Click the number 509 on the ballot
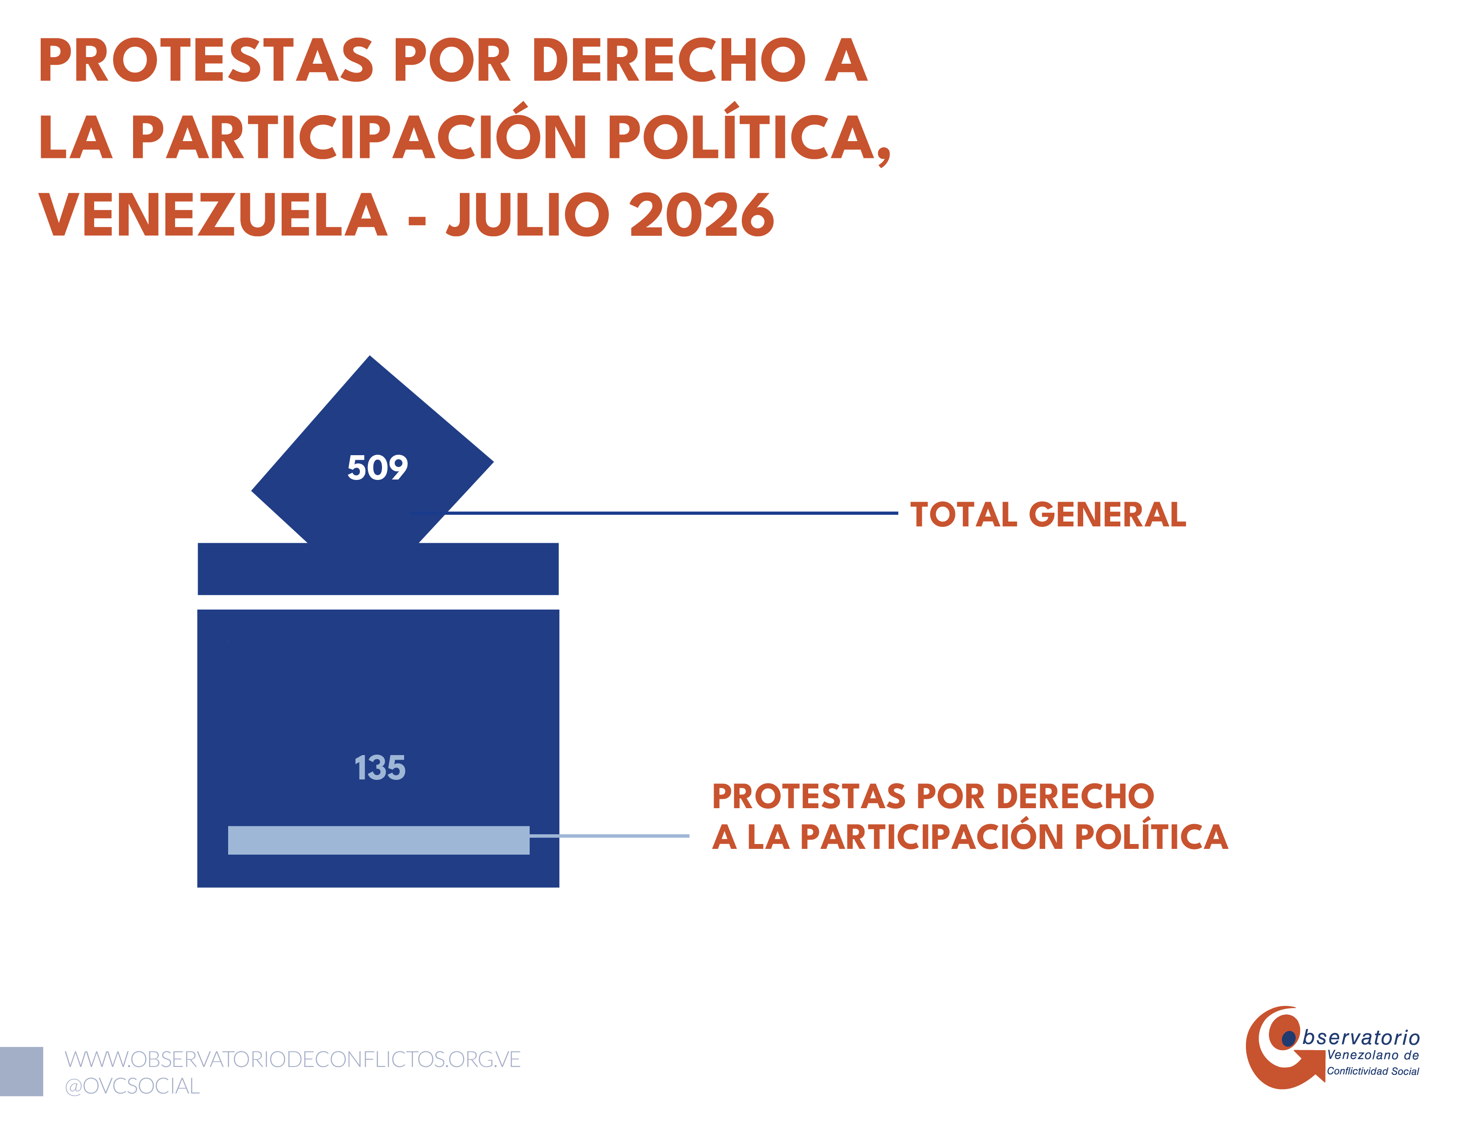[377, 468]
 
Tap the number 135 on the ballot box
[380, 767]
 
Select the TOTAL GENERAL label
[1048, 515]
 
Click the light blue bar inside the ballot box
[378, 840]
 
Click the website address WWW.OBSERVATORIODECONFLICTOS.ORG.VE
[293, 1059]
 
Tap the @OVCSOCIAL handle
[132, 1086]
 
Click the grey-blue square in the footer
[21, 1071]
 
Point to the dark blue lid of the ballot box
[378, 569]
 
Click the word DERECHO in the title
[668, 60]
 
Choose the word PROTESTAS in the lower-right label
[809, 796]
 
